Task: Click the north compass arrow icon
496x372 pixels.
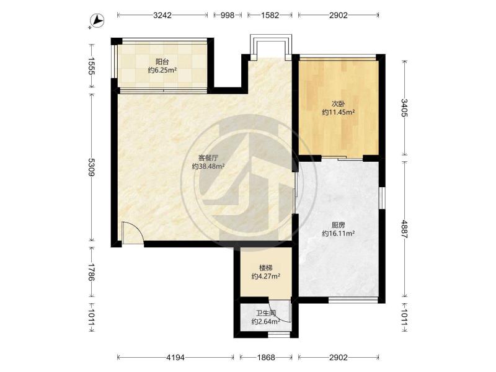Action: (97, 21)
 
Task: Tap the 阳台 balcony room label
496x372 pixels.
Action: (162, 61)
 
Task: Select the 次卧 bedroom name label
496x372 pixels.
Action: (338, 104)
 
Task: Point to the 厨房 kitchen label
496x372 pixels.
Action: (338, 225)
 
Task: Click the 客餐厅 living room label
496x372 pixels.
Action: (208, 157)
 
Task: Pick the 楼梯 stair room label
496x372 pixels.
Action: (266, 268)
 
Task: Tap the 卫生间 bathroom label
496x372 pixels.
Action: (266, 314)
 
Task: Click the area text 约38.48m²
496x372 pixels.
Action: (208, 166)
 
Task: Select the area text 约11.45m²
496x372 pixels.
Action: (338, 112)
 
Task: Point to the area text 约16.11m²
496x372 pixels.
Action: (338, 234)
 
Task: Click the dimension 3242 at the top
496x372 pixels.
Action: (162, 15)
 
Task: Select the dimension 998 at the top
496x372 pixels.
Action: (227, 15)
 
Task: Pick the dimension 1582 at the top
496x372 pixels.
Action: (270, 15)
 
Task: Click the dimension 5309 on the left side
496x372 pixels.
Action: (91, 167)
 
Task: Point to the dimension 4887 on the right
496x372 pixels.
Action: (405, 229)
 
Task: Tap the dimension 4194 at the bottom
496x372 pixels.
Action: (175, 358)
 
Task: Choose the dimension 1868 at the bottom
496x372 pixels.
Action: (266, 358)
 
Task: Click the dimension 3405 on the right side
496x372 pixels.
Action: (405, 107)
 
